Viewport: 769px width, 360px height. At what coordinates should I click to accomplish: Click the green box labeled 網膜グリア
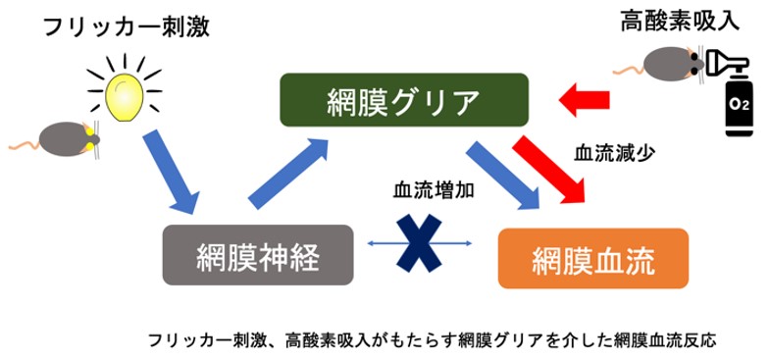(x=404, y=101)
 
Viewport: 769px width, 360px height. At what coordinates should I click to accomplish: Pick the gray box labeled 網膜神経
(x=258, y=255)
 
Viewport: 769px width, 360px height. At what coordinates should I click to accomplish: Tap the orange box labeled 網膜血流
(x=592, y=260)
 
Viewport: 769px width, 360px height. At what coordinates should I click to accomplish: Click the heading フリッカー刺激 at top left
(x=125, y=26)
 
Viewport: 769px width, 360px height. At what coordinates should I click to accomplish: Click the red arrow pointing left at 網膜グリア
(x=586, y=97)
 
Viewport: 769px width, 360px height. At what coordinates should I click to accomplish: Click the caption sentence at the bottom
(x=433, y=340)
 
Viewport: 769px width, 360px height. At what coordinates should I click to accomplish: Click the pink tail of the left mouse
(x=24, y=145)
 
